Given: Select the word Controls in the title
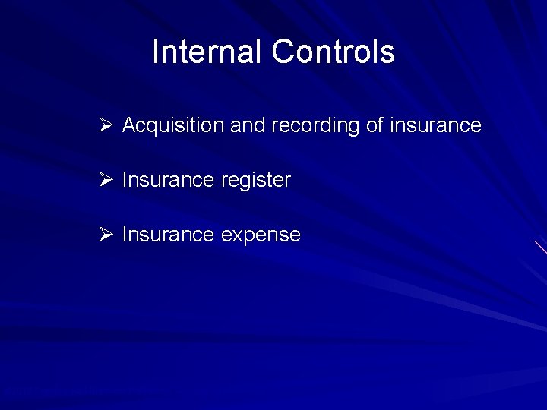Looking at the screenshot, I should (333, 52).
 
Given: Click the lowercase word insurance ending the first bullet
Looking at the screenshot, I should (435, 125).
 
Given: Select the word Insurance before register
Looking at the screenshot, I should (168, 180).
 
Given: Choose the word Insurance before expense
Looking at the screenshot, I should (168, 235).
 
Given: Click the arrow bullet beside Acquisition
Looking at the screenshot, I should (106, 125).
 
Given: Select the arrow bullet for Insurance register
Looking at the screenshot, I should (106, 179).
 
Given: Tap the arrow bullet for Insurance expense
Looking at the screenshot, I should (106, 234).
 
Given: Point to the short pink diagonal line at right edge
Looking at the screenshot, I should (540, 248).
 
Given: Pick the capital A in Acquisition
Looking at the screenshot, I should (129, 125).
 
